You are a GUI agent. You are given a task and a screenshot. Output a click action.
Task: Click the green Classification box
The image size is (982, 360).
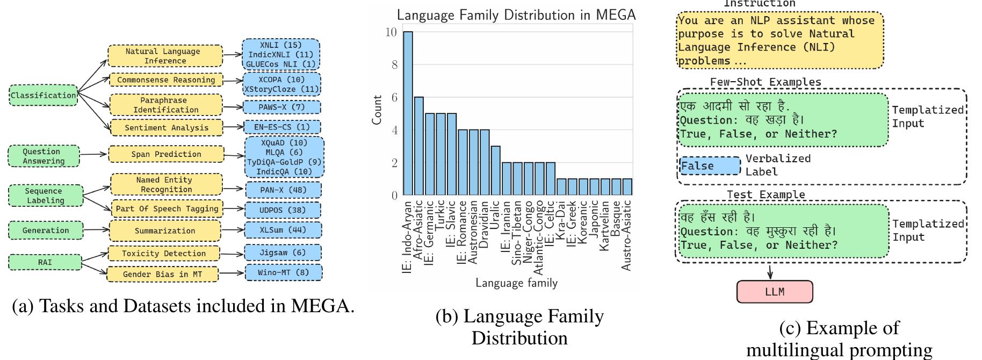44,95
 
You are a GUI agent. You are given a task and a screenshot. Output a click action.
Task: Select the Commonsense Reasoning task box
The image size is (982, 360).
166,80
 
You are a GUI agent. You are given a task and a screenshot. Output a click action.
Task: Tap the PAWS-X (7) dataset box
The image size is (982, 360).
282,107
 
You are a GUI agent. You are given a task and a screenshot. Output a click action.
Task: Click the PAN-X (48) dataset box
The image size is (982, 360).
283,190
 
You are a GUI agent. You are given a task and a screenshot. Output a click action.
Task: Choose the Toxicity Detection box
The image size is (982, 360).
164,253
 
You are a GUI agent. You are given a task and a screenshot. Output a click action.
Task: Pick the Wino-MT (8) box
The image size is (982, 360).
284,272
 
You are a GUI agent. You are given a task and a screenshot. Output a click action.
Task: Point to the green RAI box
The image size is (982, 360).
45,262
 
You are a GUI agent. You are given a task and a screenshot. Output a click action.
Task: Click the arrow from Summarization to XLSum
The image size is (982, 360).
233,231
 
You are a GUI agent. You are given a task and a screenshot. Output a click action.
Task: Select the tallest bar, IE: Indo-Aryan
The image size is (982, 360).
408,113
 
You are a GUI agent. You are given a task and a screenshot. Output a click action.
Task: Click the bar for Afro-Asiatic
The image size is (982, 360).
419,146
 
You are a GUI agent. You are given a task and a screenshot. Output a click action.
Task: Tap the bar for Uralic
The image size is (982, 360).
496,170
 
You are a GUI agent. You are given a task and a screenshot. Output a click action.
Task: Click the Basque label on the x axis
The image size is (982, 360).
616,218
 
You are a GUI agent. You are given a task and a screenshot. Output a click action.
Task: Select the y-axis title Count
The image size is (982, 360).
377,110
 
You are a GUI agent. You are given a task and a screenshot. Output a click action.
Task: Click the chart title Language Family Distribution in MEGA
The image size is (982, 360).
516,15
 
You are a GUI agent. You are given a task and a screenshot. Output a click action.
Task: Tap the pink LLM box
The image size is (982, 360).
774,292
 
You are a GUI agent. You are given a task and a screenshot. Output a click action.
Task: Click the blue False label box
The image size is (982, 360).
710,165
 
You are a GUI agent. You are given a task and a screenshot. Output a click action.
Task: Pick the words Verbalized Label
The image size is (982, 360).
777,165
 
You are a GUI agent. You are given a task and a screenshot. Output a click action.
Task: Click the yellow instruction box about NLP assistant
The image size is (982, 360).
779,40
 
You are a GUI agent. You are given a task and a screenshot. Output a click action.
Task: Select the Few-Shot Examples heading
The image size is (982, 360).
766,82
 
